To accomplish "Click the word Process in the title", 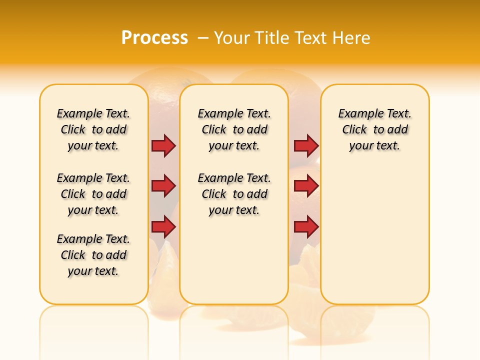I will [x=154, y=38].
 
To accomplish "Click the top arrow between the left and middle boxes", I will [x=163, y=145].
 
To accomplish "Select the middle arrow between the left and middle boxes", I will [x=163, y=186].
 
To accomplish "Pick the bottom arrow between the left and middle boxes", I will [x=163, y=227].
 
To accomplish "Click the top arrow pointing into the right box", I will [x=306, y=145].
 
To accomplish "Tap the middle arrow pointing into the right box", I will [x=306, y=186].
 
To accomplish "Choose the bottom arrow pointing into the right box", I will [x=306, y=227].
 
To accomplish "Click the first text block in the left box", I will [x=93, y=129].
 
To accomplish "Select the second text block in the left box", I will [x=93, y=194].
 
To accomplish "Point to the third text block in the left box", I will [x=93, y=255].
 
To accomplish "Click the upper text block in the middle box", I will [x=234, y=129].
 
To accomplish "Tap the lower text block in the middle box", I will [x=234, y=194].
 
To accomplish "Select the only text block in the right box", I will [x=375, y=129].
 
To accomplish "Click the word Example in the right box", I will [x=358, y=114].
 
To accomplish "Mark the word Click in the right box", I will [x=354, y=130].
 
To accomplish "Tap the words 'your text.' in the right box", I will [x=375, y=146].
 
